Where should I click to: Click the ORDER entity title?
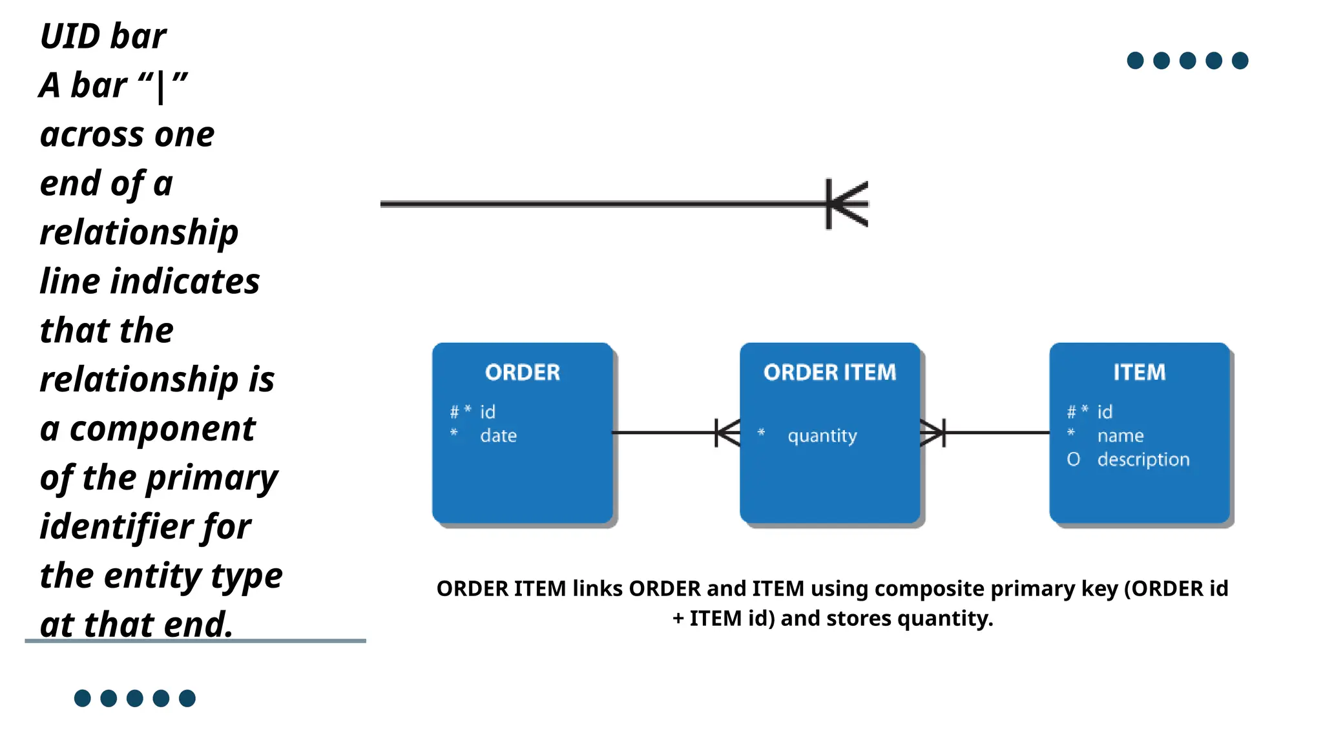pyautogui.click(x=522, y=372)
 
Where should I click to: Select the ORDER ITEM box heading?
pyautogui.click(x=829, y=372)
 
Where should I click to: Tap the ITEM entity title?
pyautogui.click(x=1139, y=372)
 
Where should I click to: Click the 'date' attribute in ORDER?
pyautogui.click(x=498, y=436)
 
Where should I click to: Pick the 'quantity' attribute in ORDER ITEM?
pyautogui.click(x=822, y=436)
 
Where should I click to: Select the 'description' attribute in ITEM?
pyautogui.click(x=1143, y=459)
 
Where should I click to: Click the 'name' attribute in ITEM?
pyautogui.click(x=1120, y=436)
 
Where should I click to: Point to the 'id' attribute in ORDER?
pyautogui.click(x=487, y=412)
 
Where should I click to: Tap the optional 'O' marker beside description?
pyautogui.click(x=1073, y=459)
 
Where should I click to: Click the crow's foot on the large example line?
pyautogui.click(x=848, y=204)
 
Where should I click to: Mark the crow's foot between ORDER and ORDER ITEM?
pyautogui.click(x=728, y=433)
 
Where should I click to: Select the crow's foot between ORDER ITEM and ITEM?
pyautogui.click(x=932, y=433)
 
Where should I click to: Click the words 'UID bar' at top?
pyautogui.click(x=103, y=36)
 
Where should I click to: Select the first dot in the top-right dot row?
pyautogui.click(x=1135, y=61)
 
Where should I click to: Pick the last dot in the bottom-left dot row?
pyautogui.click(x=187, y=698)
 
